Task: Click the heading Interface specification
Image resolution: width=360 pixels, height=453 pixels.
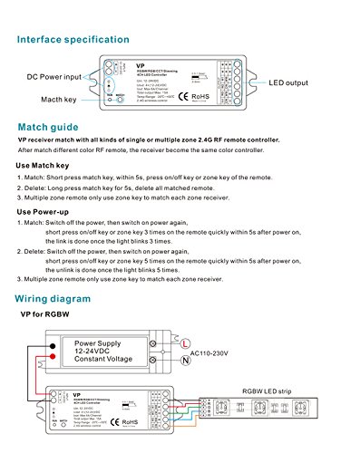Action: pos(73,41)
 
